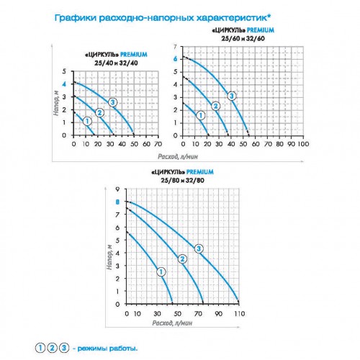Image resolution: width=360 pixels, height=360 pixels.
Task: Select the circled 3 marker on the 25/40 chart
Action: (x=113, y=104)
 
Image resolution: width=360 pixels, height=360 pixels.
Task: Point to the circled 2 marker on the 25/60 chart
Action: (x=215, y=106)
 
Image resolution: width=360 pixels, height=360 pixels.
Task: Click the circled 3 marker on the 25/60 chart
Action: (x=232, y=96)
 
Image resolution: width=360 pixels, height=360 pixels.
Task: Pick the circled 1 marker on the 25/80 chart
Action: (x=161, y=271)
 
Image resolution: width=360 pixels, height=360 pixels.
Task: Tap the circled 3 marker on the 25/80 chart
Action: (x=199, y=248)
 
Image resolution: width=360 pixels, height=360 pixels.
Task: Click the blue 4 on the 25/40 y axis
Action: (x=65, y=84)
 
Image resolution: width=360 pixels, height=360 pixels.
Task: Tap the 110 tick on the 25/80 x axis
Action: (x=240, y=315)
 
